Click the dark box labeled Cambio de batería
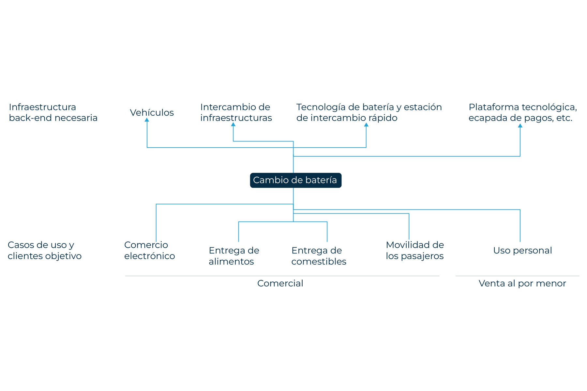[296, 180]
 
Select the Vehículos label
[152, 112]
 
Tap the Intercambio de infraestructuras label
[236, 112]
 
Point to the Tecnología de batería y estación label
[369, 107]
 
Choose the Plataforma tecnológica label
[523, 107]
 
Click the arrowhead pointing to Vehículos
[147, 120]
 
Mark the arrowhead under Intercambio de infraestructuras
[233, 124]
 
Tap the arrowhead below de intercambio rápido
[366, 124]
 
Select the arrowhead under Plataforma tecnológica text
[520, 125]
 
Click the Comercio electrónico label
[149, 250]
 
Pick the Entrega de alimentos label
[234, 256]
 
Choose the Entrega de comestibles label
[319, 256]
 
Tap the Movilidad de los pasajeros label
[415, 250]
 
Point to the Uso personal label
[522, 250]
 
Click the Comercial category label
[280, 283]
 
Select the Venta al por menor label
[522, 283]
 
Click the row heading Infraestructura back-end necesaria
[53, 112]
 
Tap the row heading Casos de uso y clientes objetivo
[45, 250]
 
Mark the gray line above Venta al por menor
[517, 276]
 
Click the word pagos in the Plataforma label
[536, 118]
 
